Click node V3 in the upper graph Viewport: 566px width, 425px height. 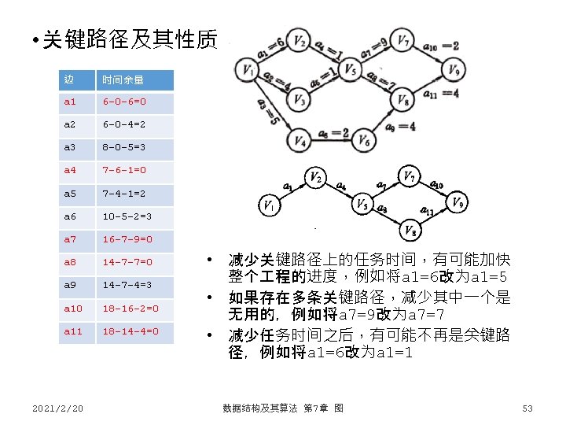click(x=299, y=100)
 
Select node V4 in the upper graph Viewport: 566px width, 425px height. click(x=299, y=141)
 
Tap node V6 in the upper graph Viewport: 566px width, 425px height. click(x=364, y=141)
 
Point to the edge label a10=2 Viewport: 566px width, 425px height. click(x=441, y=46)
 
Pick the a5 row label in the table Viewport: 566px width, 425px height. click(x=70, y=194)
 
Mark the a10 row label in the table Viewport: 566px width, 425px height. click(x=72, y=308)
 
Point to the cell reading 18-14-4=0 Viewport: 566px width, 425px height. click(x=130, y=331)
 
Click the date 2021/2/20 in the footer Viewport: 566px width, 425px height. click(x=58, y=408)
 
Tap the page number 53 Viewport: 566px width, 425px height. click(x=527, y=408)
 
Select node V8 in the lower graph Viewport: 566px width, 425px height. click(x=410, y=230)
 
